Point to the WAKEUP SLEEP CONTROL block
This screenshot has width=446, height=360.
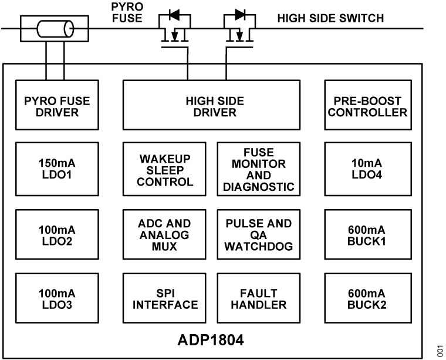click(166, 170)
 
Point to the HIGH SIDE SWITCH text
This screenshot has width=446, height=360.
click(330, 18)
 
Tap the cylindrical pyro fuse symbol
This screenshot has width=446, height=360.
click(53, 28)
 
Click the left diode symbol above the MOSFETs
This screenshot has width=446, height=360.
click(175, 14)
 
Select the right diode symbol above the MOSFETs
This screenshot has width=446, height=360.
click(239, 14)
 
